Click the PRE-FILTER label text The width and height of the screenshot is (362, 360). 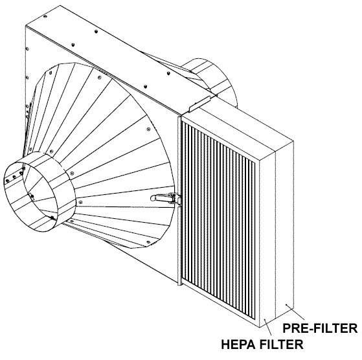[x=320, y=328]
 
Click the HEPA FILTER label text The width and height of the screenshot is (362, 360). [x=262, y=344]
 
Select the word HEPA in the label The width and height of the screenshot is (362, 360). [x=239, y=344]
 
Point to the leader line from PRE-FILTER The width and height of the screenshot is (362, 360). [x=295, y=312]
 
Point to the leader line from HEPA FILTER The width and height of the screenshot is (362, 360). [x=268, y=327]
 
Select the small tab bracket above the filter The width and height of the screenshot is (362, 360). [x=199, y=104]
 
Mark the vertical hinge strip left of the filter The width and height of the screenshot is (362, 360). [x=179, y=201]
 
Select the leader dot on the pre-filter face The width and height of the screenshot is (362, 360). [x=286, y=304]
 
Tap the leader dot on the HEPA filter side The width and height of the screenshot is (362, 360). [x=265, y=320]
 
